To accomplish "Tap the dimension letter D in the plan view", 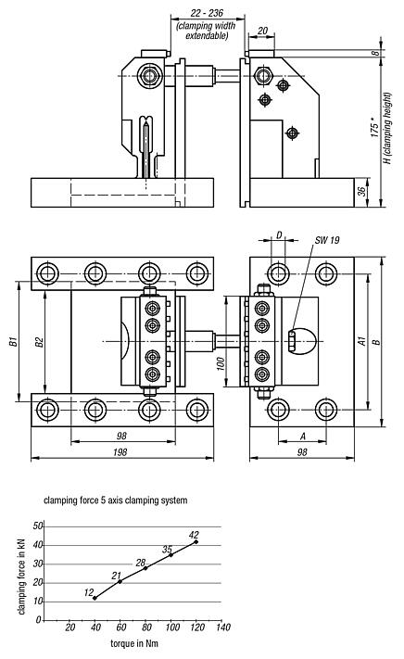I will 278,235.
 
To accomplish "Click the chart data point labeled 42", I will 196,541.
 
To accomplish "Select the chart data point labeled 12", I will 95,598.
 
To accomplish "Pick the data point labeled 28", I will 145,568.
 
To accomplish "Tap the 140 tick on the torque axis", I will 222,627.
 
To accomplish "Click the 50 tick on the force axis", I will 38,526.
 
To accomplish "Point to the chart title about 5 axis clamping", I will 116,501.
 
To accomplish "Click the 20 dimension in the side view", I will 264,31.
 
